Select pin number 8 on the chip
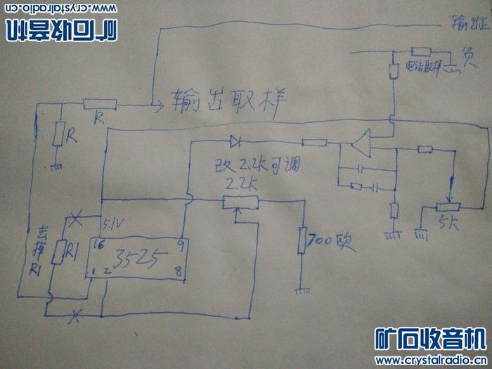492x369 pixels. [181, 269]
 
